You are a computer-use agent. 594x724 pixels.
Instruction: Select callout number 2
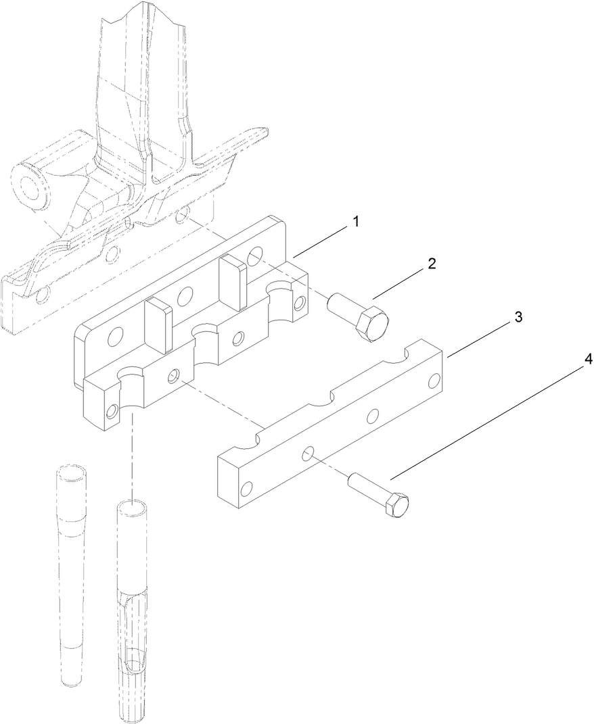coord(431,264)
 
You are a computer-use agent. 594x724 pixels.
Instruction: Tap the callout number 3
coord(518,316)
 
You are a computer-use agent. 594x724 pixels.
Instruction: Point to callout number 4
coord(588,360)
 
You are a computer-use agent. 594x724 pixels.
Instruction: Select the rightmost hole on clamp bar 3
coord(434,381)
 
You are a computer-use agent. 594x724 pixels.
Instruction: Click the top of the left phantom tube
coord(71,470)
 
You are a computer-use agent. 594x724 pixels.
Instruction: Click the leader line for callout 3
coord(476,336)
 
